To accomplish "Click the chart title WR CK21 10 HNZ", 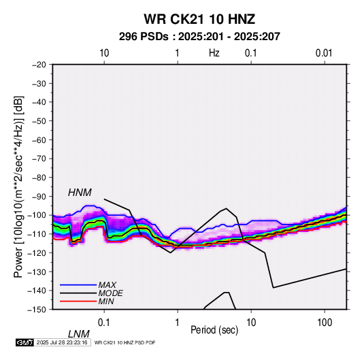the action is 199,19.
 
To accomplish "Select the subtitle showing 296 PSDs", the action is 199,37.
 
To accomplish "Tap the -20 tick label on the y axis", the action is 39,65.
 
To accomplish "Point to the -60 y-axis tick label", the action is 39,140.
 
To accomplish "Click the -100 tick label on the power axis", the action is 37,215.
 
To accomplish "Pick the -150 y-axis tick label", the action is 37,310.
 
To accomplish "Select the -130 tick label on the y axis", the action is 37,272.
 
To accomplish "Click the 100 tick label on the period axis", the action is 325,323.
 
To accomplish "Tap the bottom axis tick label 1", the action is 177,323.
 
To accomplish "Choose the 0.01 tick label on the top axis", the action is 324,53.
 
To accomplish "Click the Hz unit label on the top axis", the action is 214,53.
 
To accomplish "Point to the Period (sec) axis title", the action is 214,330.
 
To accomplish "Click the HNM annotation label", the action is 80,193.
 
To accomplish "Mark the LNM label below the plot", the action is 79,334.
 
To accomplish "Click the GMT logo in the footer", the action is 25,342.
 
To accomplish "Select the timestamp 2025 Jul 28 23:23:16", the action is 62,342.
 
